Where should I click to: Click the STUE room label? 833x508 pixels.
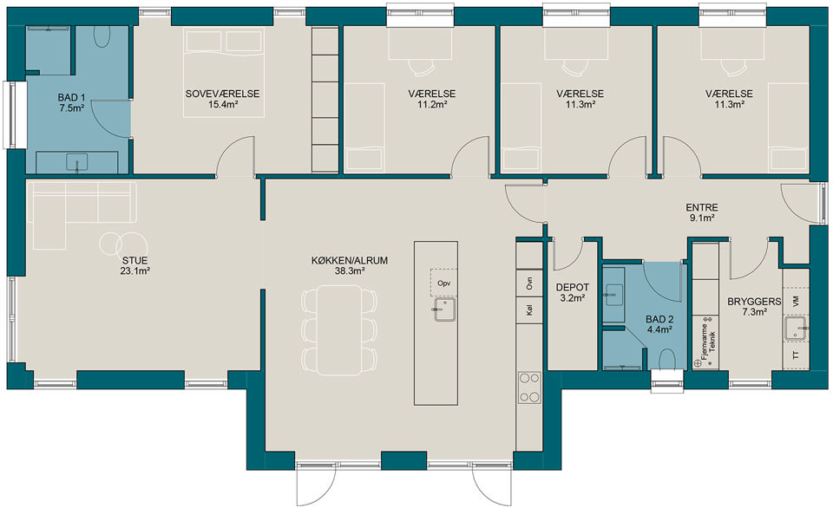(x=135, y=261)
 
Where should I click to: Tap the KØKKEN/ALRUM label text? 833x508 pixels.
(x=349, y=261)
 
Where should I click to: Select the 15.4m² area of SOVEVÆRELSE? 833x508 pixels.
(x=223, y=105)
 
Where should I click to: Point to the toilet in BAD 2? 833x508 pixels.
(x=667, y=360)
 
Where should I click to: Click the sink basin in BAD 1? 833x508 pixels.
(x=77, y=162)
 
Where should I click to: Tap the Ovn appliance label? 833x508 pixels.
(x=529, y=283)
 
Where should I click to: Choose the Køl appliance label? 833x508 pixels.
(x=529, y=309)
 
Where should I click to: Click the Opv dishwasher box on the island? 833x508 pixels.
(x=443, y=283)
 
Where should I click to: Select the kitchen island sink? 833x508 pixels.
(x=444, y=309)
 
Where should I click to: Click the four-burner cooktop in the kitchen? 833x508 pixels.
(x=529, y=388)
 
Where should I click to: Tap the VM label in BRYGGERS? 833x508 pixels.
(x=796, y=302)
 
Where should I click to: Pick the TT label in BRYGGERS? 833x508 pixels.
(x=796, y=355)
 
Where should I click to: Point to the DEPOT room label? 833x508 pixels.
(x=572, y=288)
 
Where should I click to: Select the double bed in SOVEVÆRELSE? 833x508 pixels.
(x=224, y=73)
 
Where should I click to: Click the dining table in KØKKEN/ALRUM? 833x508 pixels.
(x=340, y=330)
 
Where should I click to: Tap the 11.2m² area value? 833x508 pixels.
(x=432, y=105)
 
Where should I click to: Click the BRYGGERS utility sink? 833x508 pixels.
(x=796, y=328)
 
